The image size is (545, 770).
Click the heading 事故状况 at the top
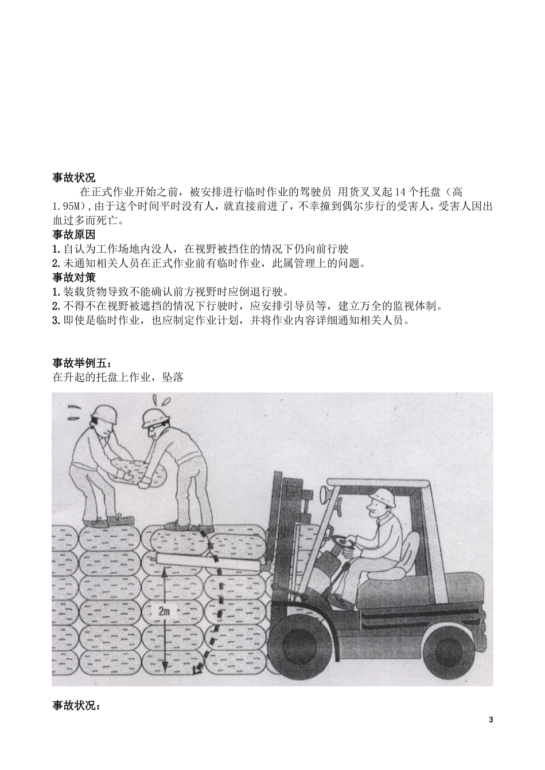[x=74, y=178]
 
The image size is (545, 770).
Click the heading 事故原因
[x=74, y=234]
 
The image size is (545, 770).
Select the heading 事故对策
[x=74, y=277]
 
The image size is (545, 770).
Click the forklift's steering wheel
[x=343, y=540]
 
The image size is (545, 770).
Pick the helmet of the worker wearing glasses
[x=154, y=418]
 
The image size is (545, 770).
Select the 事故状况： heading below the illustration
[x=76, y=706]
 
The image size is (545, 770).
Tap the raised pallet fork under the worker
[x=207, y=561]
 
